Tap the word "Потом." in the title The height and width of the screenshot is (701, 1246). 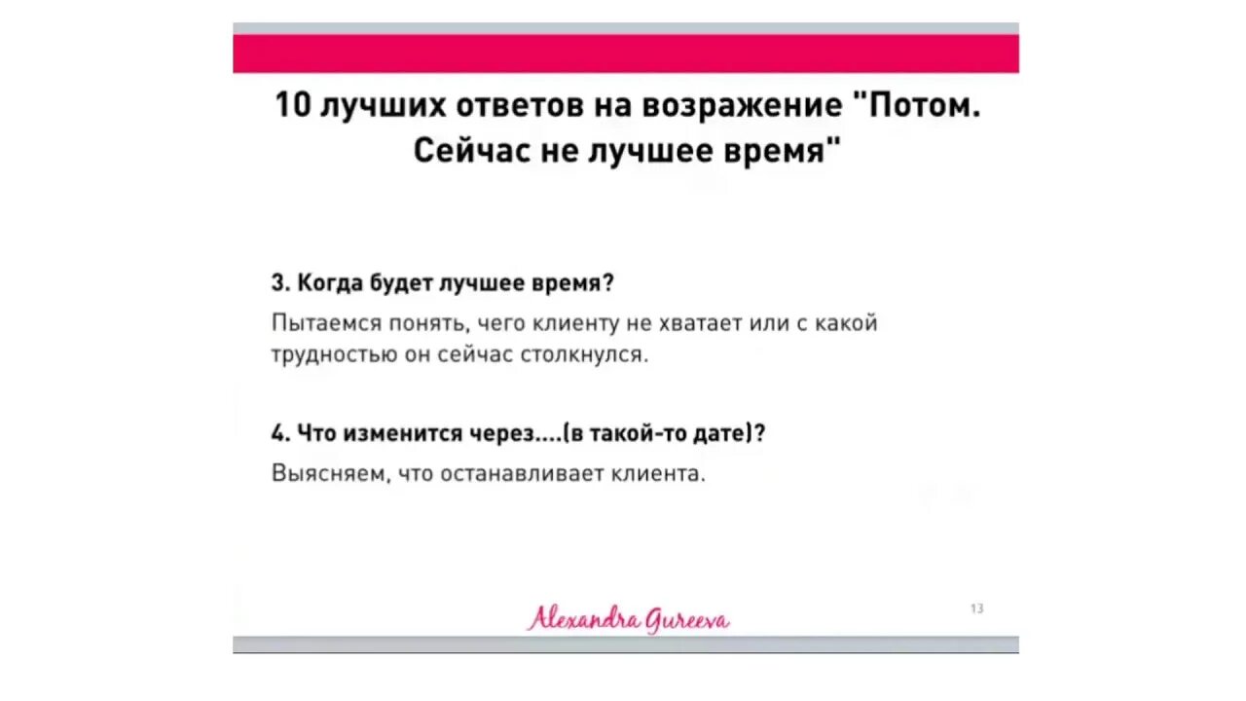pyautogui.click(x=922, y=105)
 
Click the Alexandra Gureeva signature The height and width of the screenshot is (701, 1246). pyautogui.click(x=628, y=618)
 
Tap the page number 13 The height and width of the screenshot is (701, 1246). pyautogui.click(x=976, y=609)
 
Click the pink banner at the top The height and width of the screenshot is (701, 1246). pyautogui.click(x=626, y=54)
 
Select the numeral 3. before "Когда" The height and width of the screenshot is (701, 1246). pyautogui.click(x=280, y=283)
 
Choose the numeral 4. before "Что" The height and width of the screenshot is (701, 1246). pyautogui.click(x=280, y=434)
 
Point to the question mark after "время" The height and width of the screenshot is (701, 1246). pyautogui.click(x=608, y=283)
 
